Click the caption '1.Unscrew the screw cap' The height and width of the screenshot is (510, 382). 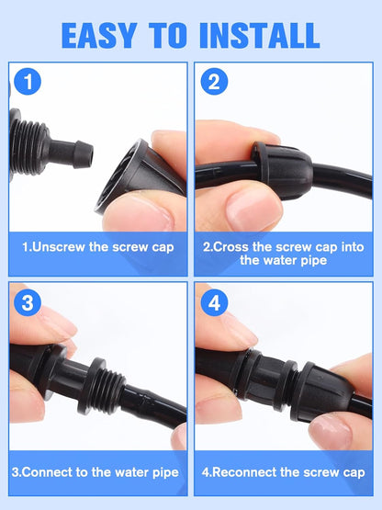[97, 247]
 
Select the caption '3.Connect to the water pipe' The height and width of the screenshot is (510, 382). [97, 473]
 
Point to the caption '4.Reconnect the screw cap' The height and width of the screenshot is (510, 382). [284, 473]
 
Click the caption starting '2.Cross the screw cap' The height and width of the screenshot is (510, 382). [284, 253]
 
